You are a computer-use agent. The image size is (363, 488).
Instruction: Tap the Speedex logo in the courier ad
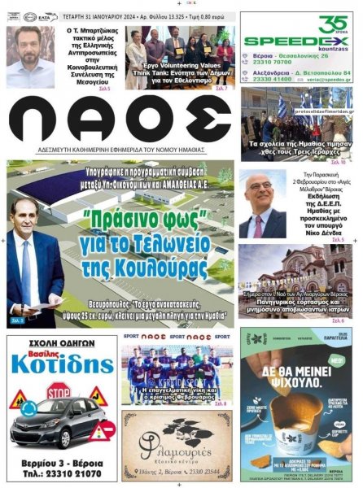point(285,40)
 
